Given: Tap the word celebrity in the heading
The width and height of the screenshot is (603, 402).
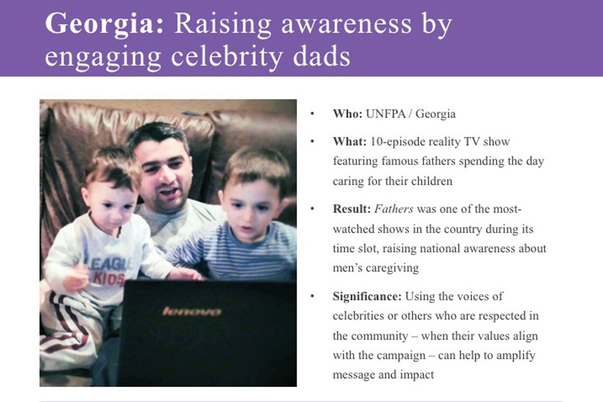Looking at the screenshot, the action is tap(227, 58).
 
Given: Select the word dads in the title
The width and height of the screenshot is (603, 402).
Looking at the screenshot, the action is tap(322, 55).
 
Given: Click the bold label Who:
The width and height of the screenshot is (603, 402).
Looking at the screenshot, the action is tap(348, 114).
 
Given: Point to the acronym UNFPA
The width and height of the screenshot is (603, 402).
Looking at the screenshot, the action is tap(385, 114).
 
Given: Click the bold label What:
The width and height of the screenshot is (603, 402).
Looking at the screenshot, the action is tap(350, 142).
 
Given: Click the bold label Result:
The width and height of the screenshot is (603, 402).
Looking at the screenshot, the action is tap(352, 209).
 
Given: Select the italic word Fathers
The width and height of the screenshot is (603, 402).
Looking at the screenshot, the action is tap(394, 209).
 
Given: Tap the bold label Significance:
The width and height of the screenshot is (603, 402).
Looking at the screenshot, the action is tap(367, 296).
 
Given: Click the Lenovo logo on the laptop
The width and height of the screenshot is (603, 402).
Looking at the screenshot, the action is tap(191, 312).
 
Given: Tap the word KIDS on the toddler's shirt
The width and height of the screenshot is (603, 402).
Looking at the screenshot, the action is tap(109, 279).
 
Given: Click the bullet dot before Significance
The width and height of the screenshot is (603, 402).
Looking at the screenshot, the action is tap(312, 296).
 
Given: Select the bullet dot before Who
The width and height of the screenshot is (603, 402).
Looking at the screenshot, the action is tap(312, 114).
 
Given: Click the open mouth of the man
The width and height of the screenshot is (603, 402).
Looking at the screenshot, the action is tap(168, 192).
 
